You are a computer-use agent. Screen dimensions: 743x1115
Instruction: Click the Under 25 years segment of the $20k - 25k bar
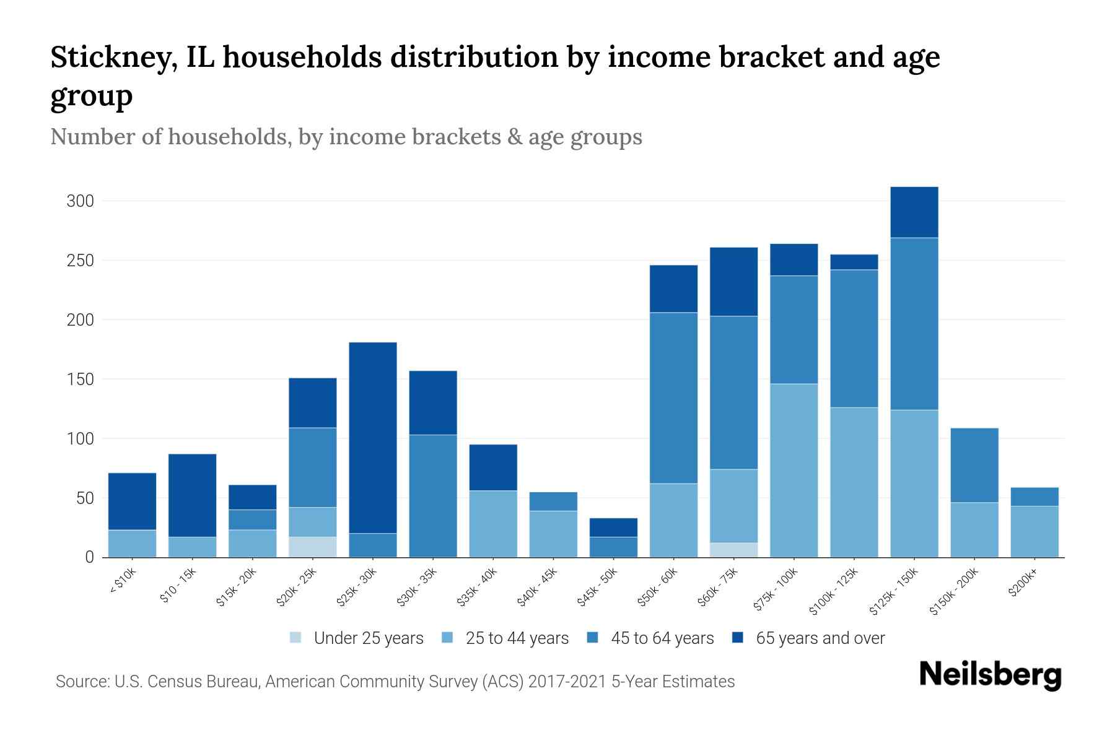click(x=313, y=547)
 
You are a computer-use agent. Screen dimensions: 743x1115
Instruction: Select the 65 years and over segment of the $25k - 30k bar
click(x=373, y=437)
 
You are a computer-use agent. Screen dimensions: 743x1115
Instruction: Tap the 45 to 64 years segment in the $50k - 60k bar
click(x=673, y=398)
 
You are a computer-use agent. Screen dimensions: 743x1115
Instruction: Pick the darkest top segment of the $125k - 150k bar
click(x=914, y=212)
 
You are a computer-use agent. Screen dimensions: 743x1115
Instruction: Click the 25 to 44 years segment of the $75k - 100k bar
click(x=794, y=470)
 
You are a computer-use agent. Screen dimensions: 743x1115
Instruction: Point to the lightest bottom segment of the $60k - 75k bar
click(x=733, y=550)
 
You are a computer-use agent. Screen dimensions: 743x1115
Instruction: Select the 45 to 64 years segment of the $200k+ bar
click(x=1034, y=497)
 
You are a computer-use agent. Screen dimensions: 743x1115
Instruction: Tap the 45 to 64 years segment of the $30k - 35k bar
click(x=433, y=495)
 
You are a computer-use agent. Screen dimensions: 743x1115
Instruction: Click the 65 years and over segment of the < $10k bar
click(x=132, y=501)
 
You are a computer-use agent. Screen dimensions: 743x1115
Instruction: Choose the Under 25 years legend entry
click(x=368, y=638)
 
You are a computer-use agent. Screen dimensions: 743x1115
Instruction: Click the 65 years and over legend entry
click(x=820, y=638)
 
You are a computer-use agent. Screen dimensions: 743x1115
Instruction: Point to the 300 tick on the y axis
click(x=81, y=201)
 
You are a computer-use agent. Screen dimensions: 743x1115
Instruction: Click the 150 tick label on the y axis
click(x=81, y=379)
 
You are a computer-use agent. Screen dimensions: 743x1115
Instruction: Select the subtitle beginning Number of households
click(x=346, y=137)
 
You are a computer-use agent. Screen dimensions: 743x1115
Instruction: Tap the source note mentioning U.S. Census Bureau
click(x=395, y=682)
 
